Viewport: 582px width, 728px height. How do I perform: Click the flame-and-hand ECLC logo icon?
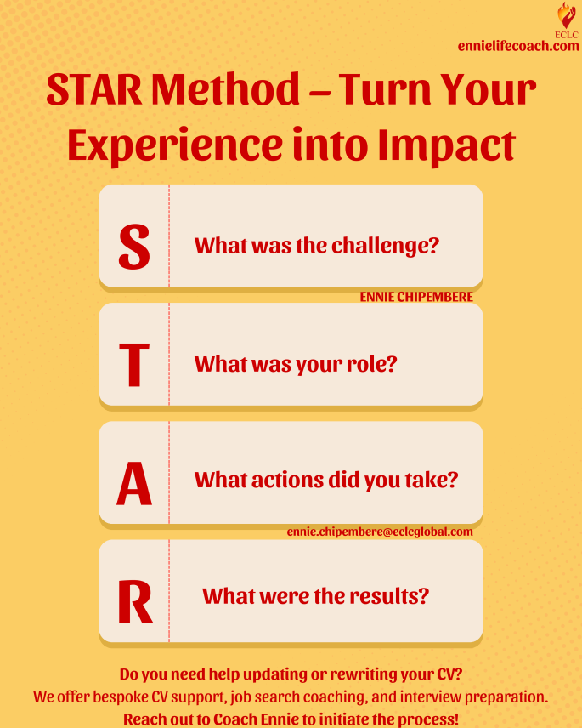click(566, 16)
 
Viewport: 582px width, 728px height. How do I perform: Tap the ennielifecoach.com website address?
click(518, 46)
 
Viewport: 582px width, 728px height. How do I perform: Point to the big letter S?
click(134, 246)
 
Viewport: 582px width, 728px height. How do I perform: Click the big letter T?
click(134, 365)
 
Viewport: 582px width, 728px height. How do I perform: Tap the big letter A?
click(134, 483)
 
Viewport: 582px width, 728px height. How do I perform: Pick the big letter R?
click(135, 601)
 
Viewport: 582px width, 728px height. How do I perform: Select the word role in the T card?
click(372, 364)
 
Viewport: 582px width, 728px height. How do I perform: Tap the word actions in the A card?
click(287, 480)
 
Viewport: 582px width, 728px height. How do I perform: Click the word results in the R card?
click(389, 596)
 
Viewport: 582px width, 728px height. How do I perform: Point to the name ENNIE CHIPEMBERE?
click(416, 297)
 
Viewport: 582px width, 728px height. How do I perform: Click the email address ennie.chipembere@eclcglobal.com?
click(380, 532)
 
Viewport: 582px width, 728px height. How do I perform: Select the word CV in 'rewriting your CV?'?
click(449, 674)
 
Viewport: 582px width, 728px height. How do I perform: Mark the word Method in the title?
click(226, 89)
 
